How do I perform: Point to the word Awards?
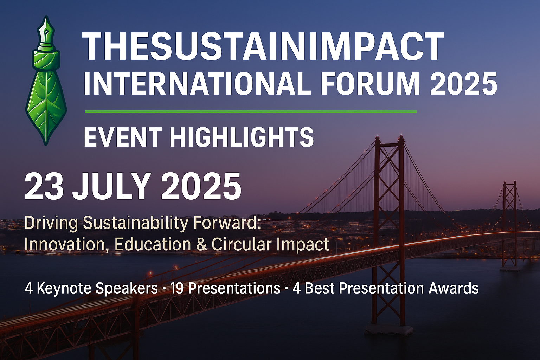coord(454,289)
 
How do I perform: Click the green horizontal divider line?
coord(251,111)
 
